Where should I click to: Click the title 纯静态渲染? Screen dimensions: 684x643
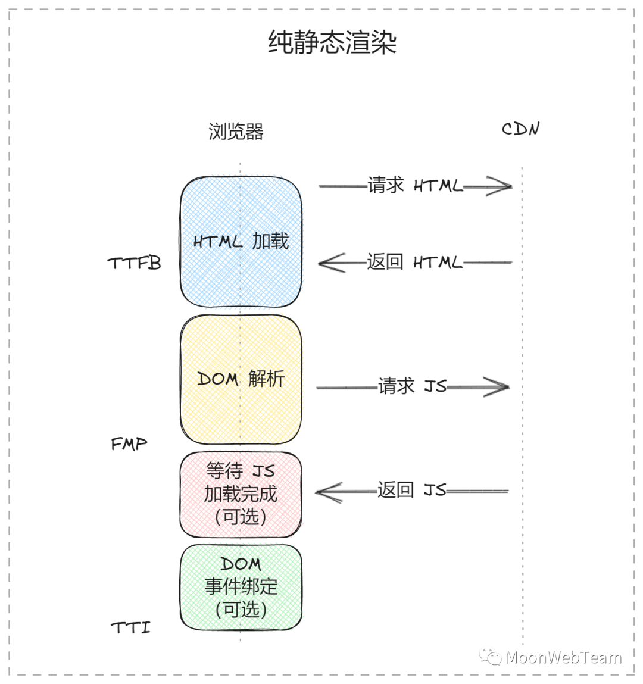point(332,43)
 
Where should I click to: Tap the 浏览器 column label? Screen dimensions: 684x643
point(236,132)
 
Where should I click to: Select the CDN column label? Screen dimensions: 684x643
point(520,129)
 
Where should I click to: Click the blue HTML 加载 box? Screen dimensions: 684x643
point(241,242)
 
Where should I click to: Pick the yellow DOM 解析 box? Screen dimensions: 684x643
point(241,379)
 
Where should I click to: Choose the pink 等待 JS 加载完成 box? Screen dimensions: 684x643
point(241,494)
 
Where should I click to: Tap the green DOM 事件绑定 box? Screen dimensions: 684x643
point(241,587)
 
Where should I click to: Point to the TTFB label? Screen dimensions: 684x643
point(134,263)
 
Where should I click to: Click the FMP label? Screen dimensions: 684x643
point(129,443)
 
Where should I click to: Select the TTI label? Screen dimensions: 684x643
point(130,627)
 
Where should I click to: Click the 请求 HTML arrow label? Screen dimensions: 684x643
point(414,186)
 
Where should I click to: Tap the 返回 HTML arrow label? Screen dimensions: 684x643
point(414,262)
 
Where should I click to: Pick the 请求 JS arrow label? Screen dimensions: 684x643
point(412,386)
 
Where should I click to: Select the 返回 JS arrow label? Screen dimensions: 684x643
point(411,491)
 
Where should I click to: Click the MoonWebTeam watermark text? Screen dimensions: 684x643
point(563,657)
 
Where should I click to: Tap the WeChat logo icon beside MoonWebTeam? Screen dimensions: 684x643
point(491,657)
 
